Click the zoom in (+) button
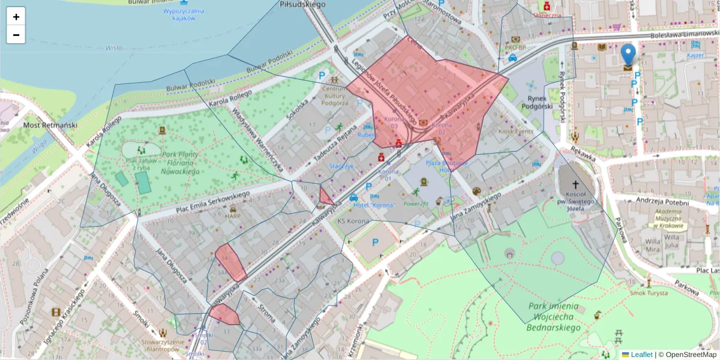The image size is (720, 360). (16, 17)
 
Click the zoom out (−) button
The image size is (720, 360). (16, 35)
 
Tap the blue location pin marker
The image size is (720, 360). (628, 55)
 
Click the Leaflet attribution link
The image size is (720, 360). (641, 355)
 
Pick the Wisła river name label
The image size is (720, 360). (113, 47)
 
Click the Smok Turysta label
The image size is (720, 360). (649, 293)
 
